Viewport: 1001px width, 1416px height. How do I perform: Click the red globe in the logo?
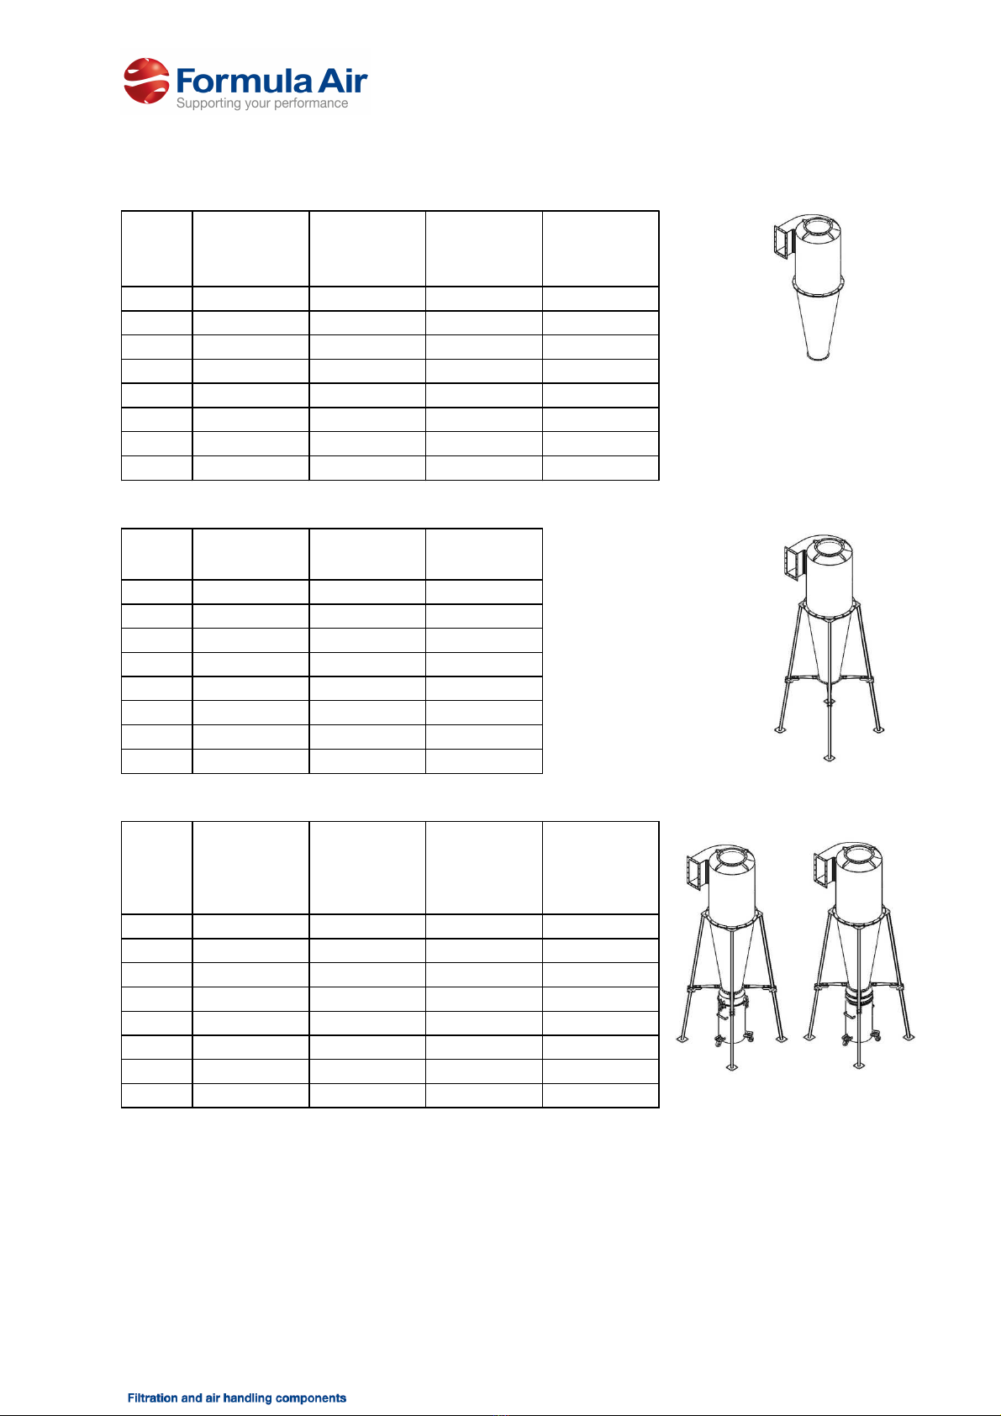147,81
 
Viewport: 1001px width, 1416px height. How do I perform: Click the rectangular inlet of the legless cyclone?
782,241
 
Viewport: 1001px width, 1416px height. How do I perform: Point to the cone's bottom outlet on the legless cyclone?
819,357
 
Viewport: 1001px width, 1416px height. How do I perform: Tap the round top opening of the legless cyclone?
819,227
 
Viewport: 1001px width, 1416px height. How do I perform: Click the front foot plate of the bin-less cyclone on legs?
829,757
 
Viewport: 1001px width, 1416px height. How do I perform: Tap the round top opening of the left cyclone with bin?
731,859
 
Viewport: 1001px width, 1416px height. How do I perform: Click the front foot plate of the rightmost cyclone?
858,1066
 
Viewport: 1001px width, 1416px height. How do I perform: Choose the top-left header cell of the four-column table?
157,554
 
